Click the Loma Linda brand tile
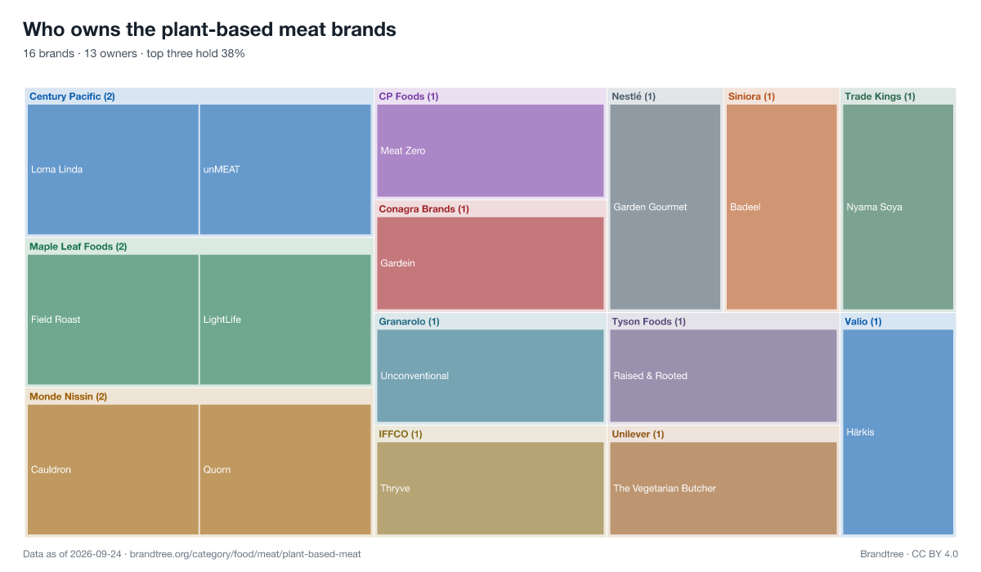tap(113, 169)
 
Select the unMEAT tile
tap(285, 169)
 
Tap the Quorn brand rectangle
tap(285, 469)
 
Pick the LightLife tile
tap(285, 320)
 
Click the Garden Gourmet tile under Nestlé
tap(665, 207)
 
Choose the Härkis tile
tap(898, 432)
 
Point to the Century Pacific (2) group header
tap(72, 96)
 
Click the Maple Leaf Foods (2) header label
tap(78, 247)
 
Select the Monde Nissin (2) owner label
tap(69, 396)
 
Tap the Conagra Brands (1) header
tap(424, 209)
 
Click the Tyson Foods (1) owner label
tap(648, 322)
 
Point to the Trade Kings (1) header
tap(880, 96)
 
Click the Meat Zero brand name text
tap(403, 150)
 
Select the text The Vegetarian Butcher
tap(665, 488)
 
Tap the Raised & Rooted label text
tap(651, 376)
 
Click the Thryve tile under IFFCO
tap(490, 488)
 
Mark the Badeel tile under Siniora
tap(782, 207)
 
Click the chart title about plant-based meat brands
tap(209, 29)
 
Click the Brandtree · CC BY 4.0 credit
tap(909, 554)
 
